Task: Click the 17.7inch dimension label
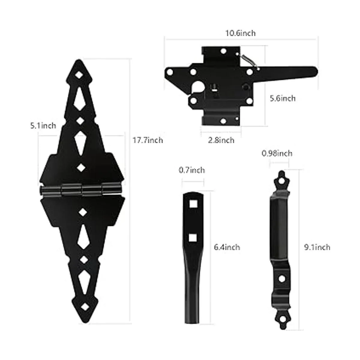pos(148,140)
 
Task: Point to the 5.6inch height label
pos(282,98)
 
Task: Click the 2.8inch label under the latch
pos(221,140)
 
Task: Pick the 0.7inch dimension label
pos(192,170)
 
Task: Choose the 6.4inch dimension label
pos(227,247)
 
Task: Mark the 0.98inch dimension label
pos(277,153)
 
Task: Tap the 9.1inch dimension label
pos(317,247)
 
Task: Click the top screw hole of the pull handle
pos(281,181)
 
